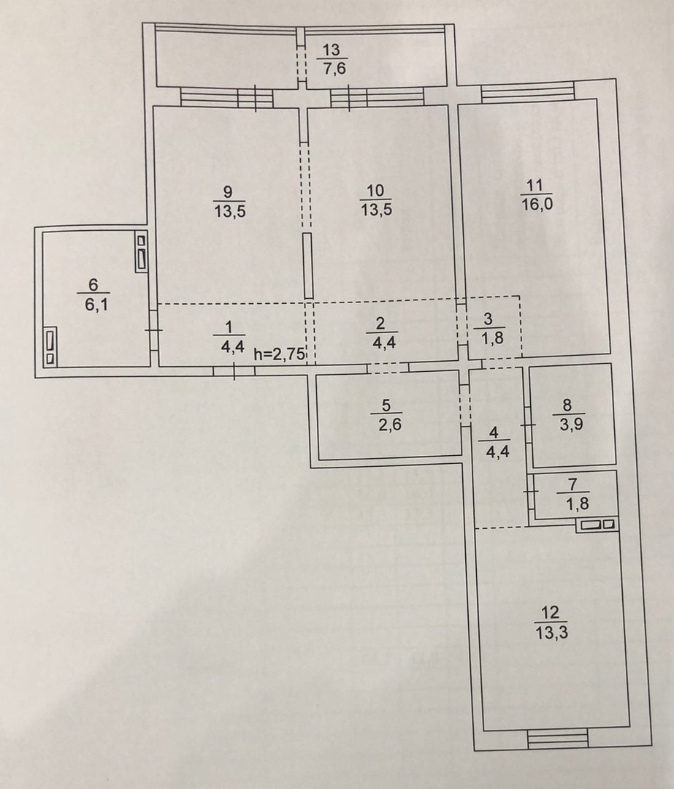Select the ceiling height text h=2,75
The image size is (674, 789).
pos(278,354)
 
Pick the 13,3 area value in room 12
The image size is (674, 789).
pos(551,632)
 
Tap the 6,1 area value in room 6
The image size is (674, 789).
pos(93,305)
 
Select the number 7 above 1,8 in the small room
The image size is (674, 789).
pos(572,484)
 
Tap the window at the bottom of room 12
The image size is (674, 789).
pos(556,741)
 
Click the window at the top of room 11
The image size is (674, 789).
pos(526,93)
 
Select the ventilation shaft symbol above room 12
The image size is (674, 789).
pos(597,525)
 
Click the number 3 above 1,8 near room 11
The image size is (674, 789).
pos(488,319)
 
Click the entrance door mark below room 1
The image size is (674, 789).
pos(234,371)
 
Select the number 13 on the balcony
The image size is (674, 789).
pos(332,50)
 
